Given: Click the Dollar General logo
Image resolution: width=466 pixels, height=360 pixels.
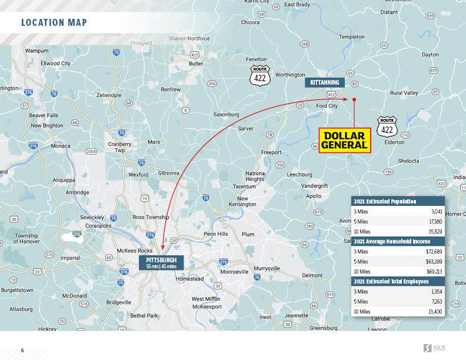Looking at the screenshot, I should point(345,140).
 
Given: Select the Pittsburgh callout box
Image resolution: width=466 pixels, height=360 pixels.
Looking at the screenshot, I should point(161,262).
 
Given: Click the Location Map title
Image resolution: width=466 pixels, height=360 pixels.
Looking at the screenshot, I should point(54,23).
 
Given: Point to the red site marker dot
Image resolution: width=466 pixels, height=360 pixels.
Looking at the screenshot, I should point(354,100).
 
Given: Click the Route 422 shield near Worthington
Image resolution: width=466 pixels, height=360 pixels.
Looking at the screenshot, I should point(259,74).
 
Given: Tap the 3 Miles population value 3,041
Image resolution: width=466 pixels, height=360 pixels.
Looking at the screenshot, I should point(435,211).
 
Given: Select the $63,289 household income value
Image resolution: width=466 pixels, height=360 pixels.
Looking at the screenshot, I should point(434,261).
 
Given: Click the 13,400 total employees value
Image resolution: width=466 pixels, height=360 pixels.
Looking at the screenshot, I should point(435,311).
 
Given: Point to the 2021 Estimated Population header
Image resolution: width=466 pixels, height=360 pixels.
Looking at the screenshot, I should point(385,201).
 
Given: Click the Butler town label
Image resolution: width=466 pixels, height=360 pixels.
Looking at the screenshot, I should point(196,64).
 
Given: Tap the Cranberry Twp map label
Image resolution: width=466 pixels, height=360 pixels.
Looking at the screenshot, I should point(120,147).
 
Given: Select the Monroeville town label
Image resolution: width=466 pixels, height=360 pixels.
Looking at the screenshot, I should point(234,272).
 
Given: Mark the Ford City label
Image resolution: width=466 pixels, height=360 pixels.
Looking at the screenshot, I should point(327,106).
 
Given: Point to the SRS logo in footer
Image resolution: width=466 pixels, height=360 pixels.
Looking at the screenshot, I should point(434,349).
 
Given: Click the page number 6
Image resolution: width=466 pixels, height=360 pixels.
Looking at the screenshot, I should point(22,351).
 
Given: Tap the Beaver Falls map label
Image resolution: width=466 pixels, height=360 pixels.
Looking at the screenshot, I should point(45,115).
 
